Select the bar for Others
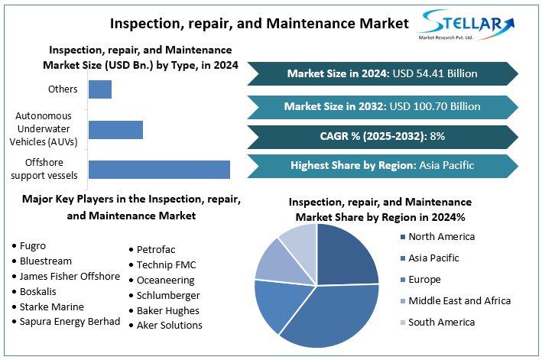point(100,89)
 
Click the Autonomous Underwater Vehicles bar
point(115,129)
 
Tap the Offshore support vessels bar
point(159,170)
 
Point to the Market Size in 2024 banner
point(382,73)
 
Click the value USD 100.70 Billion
point(437,105)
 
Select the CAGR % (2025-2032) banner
point(382,136)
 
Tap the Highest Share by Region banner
point(382,165)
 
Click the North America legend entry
point(440,236)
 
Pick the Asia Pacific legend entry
point(434,258)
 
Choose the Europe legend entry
point(424,279)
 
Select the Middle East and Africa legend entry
point(459,300)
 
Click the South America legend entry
point(440,322)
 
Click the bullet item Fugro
point(33,245)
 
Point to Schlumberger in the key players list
point(168,295)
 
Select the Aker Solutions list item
point(169,325)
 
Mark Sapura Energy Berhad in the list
point(70,321)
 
